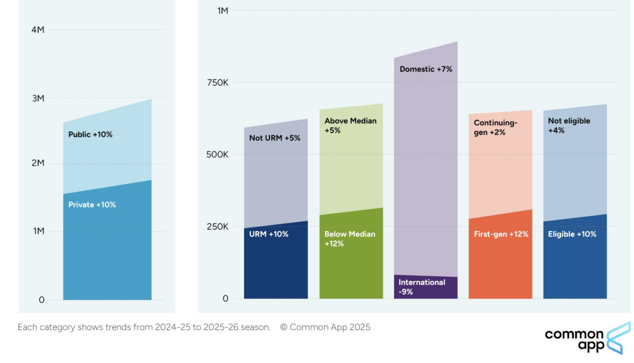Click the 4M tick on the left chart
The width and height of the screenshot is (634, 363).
tap(38, 30)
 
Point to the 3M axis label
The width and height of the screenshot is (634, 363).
tap(38, 98)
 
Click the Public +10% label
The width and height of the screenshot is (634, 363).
tap(90, 135)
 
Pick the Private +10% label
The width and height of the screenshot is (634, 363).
tap(92, 205)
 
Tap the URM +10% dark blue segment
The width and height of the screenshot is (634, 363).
tap(276, 264)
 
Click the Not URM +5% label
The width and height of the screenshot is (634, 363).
tap(275, 138)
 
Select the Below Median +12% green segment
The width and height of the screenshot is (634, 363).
tap(351, 264)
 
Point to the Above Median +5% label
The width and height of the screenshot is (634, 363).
tap(350, 126)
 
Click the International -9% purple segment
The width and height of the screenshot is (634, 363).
tap(426, 287)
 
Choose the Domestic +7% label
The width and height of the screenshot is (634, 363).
tap(426, 69)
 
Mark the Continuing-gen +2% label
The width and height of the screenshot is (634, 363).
tap(496, 128)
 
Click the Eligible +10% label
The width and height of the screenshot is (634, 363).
tap(572, 234)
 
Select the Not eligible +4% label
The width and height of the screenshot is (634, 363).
tap(569, 126)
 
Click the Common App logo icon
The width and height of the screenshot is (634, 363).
tap(618, 338)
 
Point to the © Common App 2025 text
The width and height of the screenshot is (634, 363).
tap(325, 327)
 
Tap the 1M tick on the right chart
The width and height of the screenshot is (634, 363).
tap(222, 10)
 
